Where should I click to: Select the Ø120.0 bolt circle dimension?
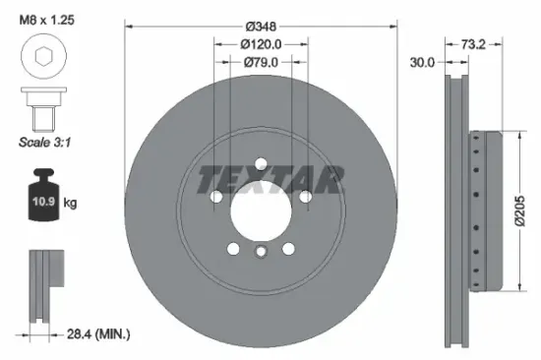(261, 43)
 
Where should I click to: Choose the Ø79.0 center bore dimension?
(261, 62)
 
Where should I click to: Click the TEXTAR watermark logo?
(272, 179)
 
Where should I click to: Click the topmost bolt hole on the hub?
(261, 164)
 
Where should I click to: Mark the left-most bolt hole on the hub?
(216, 197)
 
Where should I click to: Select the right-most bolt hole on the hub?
(306, 197)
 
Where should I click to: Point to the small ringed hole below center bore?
(261, 253)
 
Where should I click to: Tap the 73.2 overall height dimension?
(476, 44)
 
